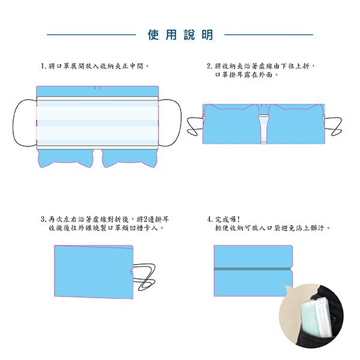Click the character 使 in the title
[x=154, y=35]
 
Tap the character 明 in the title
[x=207, y=35]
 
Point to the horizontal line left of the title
[x=90, y=35]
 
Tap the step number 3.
[x=43, y=220]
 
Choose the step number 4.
[x=208, y=220]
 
